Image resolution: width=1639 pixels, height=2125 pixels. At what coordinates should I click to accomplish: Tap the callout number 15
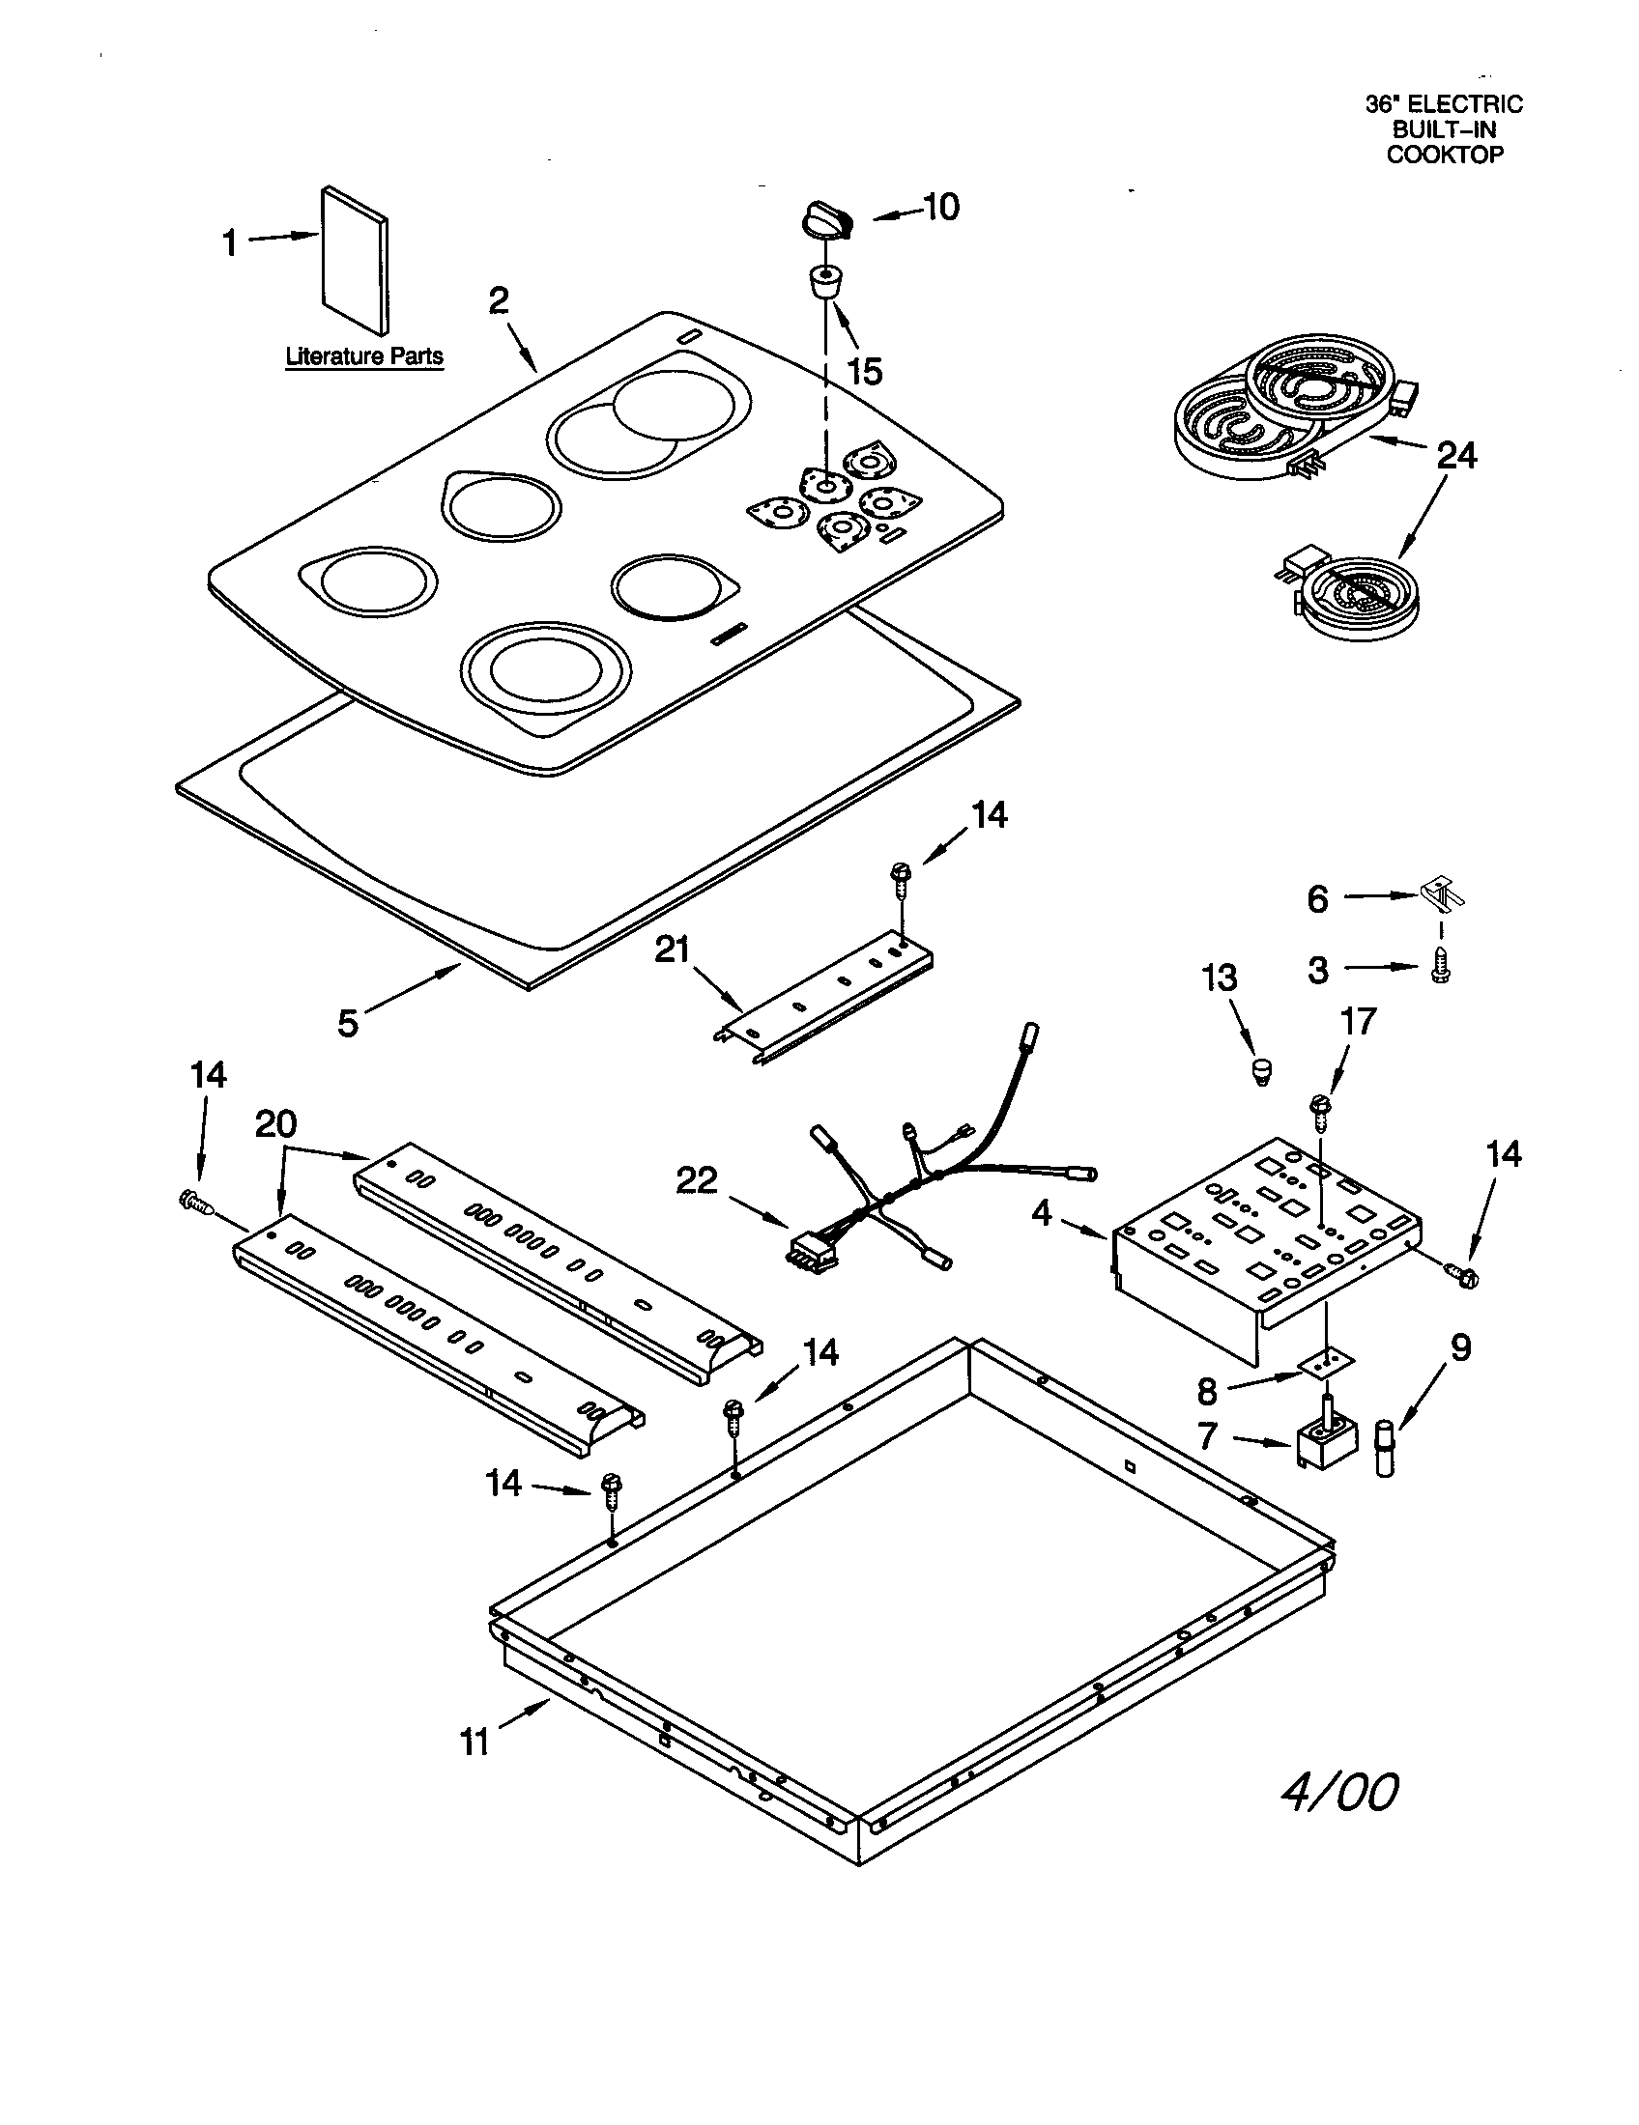tap(864, 371)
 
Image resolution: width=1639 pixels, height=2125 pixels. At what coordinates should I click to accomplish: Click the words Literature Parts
tap(364, 356)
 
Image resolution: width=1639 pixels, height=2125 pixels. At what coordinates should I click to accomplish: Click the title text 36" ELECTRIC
tap(1444, 104)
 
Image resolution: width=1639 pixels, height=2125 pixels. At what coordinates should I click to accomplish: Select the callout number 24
tap(1456, 455)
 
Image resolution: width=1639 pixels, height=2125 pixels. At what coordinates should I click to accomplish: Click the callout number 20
tap(275, 1124)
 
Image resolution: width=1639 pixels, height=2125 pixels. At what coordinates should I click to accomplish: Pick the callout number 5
tap(349, 1023)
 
